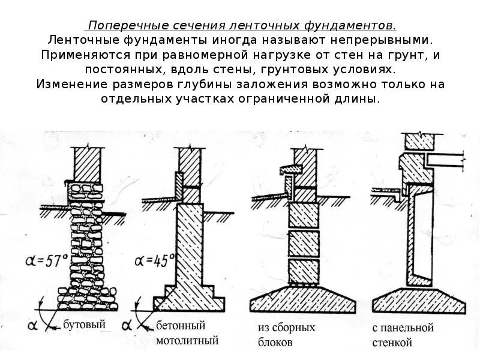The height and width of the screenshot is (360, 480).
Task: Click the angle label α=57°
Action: (47, 261)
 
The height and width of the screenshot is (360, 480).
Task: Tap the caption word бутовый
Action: (85, 325)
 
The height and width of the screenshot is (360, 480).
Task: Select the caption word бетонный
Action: (181, 326)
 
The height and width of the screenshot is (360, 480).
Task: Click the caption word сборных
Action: (295, 328)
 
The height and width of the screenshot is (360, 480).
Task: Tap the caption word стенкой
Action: (392, 343)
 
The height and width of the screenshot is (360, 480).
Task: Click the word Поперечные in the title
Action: (120, 26)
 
